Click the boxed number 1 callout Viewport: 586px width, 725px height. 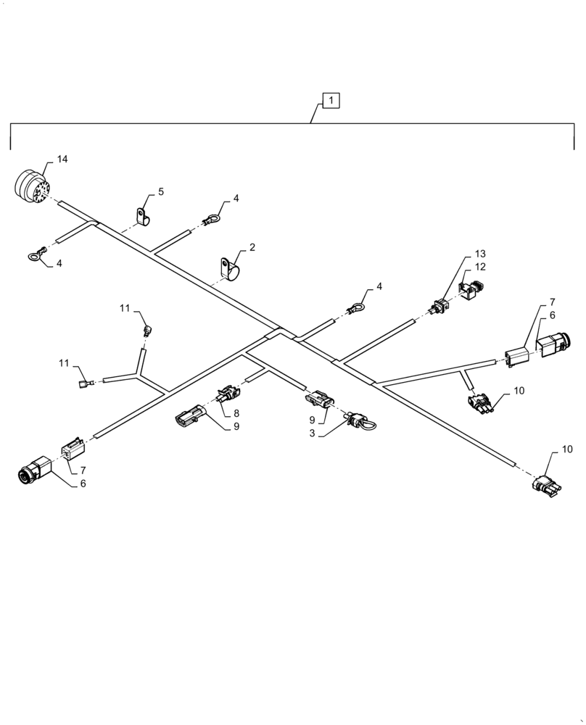(330, 101)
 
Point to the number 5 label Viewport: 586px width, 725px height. (160, 191)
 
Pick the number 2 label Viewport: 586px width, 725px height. (252, 247)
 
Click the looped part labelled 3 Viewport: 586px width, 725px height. (358, 420)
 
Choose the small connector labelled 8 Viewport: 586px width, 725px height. (225, 395)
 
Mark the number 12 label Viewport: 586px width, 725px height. (480, 267)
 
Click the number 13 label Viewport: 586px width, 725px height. (480, 254)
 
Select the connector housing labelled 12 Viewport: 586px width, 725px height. (472, 289)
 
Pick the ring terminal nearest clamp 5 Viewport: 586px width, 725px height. (211, 217)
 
